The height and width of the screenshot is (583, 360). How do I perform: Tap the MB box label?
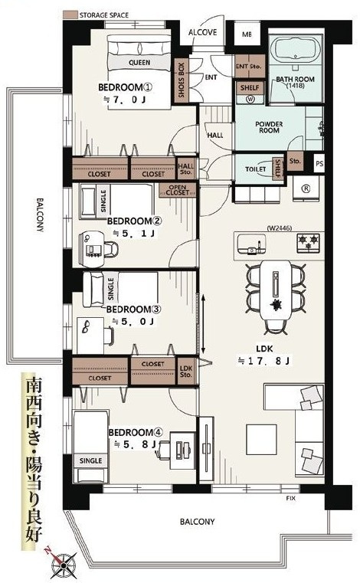[x=247, y=34]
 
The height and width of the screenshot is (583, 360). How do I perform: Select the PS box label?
[x=319, y=164]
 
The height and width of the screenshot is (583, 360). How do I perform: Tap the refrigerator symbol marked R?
[x=306, y=188]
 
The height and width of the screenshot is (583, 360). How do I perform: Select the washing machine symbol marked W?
[x=250, y=100]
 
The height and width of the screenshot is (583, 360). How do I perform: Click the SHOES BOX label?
[x=181, y=80]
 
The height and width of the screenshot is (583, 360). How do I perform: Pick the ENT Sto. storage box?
[x=249, y=67]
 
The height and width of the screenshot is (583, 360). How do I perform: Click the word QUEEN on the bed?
[x=139, y=63]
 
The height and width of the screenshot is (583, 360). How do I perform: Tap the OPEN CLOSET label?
[x=178, y=190]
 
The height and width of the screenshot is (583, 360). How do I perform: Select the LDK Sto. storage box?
[x=186, y=372]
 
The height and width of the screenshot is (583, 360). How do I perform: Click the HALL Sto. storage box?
[x=186, y=169]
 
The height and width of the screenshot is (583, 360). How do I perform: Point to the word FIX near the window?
[x=291, y=498]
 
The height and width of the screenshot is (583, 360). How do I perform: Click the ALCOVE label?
[x=203, y=32]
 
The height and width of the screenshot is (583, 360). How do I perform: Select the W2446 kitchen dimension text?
[x=279, y=228]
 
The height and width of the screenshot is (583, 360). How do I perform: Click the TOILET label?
[x=256, y=169]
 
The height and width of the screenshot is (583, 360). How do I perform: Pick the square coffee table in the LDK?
[x=261, y=440]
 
